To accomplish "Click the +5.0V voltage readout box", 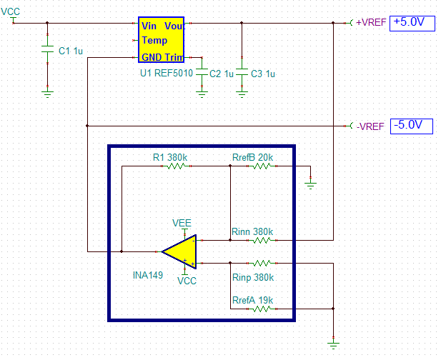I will pos(412,22).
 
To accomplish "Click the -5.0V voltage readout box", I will pos(412,126).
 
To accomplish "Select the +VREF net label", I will pos(371,22).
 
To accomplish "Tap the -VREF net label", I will pos(370,126).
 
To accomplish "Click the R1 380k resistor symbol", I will pos(176,166).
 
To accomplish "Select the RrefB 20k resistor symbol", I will pos(262,166).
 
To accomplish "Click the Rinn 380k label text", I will pos(252,231).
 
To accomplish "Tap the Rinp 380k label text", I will pos(252,277).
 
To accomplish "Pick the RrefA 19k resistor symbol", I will pos(262,309).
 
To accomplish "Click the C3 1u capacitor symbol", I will pos(242,74).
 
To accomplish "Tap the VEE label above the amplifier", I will pos(182,223).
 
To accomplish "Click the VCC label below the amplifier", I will pos(187,281).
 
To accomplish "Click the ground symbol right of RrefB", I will pos(310,184).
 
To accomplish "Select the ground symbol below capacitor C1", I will pos(47,91).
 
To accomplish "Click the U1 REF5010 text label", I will pos(166,74).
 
